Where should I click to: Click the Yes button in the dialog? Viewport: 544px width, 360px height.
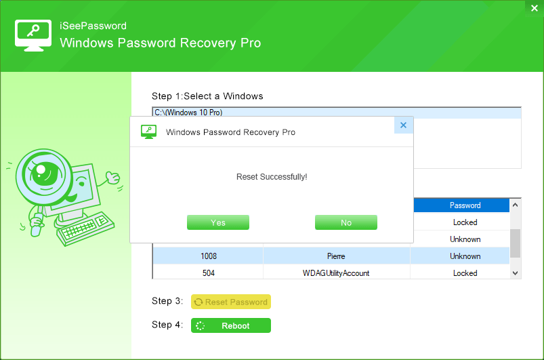(218, 222)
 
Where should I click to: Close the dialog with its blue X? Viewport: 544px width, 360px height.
(403, 125)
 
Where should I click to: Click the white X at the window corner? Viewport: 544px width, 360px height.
(535, 8)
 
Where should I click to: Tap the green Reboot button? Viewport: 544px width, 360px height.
(231, 325)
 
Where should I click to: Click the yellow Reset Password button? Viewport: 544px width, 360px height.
(231, 302)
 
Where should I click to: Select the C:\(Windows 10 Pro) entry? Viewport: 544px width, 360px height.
(188, 113)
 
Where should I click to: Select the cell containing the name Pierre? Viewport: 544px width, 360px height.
(336, 256)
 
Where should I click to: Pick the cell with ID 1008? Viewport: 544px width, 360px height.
(208, 256)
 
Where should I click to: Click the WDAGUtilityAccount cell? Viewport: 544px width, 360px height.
(336, 273)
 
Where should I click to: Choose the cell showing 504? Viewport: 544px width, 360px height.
(208, 273)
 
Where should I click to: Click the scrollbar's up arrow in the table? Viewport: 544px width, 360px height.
(515, 205)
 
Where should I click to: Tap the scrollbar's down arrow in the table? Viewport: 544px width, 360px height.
(515, 273)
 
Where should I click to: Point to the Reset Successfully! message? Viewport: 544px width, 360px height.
(272, 177)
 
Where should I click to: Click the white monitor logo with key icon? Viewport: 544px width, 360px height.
(33, 35)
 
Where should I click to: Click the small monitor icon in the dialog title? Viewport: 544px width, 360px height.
(149, 132)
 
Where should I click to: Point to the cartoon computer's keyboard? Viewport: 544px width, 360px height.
(85, 228)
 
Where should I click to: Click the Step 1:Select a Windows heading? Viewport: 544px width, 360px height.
(207, 96)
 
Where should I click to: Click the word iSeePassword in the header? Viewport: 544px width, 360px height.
(93, 26)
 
